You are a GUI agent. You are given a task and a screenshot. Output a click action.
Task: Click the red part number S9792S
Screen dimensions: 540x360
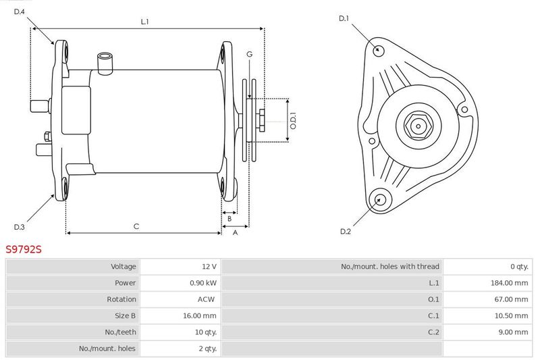(x=24, y=249)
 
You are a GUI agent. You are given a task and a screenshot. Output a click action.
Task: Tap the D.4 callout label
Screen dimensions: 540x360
(x=20, y=11)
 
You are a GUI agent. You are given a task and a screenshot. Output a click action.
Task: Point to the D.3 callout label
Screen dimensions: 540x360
(x=20, y=227)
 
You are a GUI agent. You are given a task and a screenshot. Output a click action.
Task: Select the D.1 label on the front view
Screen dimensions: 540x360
(x=344, y=18)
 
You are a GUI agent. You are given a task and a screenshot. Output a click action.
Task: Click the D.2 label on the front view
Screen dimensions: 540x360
(x=346, y=232)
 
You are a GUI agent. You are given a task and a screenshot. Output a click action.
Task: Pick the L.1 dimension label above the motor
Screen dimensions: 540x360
(x=144, y=22)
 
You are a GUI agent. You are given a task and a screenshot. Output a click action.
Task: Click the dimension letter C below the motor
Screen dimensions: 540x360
(x=136, y=226)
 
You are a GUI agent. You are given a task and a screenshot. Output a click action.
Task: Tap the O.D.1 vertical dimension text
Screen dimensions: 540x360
(x=293, y=121)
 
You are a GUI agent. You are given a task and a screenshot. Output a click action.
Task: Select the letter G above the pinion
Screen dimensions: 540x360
(x=249, y=54)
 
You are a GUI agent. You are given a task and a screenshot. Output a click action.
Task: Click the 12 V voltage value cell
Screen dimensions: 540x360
(x=209, y=266)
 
